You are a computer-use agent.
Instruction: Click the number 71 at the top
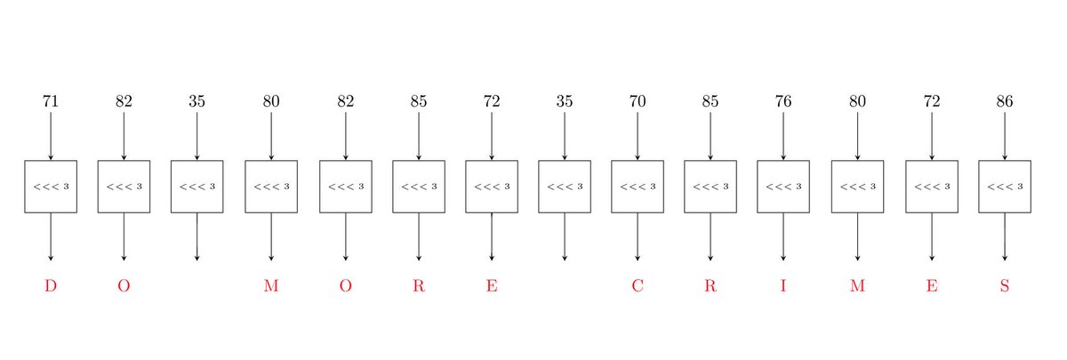pyautogui.click(x=51, y=100)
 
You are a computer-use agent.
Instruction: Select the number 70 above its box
pyautogui.click(x=638, y=100)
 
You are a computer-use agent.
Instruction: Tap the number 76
pyautogui.click(x=783, y=100)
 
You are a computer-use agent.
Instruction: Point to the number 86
pyautogui.click(x=1005, y=100)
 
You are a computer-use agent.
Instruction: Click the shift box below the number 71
pyautogui.click(x=51, y=187)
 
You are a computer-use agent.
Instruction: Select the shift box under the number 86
pyautogui.click(x=1005, y=187)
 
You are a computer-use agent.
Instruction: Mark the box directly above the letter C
pyautogui.click(x=638, y=187)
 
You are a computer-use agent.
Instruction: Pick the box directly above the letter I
pyautogui.click(x=783, y=187)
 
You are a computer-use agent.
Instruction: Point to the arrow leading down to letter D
pyautogui.click(x=51, y=236)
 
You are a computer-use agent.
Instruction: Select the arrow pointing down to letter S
pyautogui.click(x=1005, y=236)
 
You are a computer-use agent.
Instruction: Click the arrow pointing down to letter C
pyautogui.click(x=638, y=236)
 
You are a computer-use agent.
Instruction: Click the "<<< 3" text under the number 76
pyautogui.click(x=783, y=187)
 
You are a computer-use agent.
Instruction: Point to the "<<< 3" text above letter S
pyautogui.click(x=1005, y=187)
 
